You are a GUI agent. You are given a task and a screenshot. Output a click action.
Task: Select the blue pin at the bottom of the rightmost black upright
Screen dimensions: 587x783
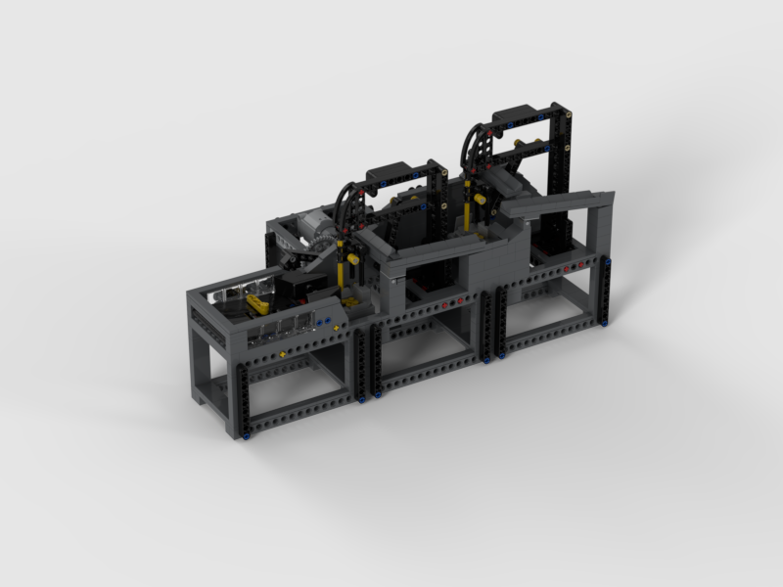(607, 319)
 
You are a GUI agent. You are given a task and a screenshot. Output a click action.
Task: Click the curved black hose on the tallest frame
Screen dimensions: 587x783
(475, 147)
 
